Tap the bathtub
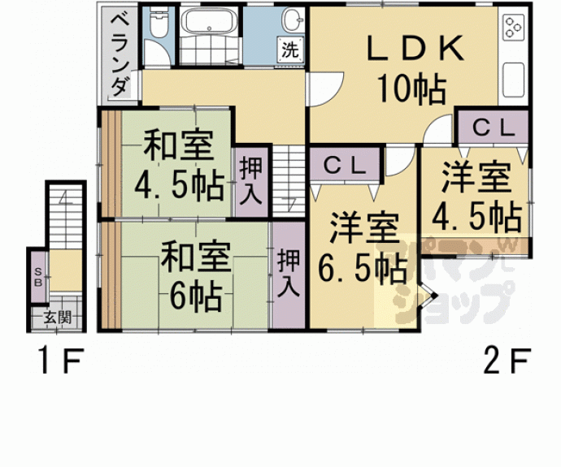coord(208,21)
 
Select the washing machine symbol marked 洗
coord(290,50)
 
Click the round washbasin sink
coord(293,19)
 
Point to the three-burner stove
coord(514,27)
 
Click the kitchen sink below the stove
coord(514,80)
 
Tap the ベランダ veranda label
coord(120,56)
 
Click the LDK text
coord(415,48)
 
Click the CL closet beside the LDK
coord(493,128)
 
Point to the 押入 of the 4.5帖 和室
coord(251,182)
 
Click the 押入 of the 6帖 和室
coord(289,275)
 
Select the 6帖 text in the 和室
coord(195,296)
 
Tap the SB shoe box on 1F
coord(38,277)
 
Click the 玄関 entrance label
coord(57,318)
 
